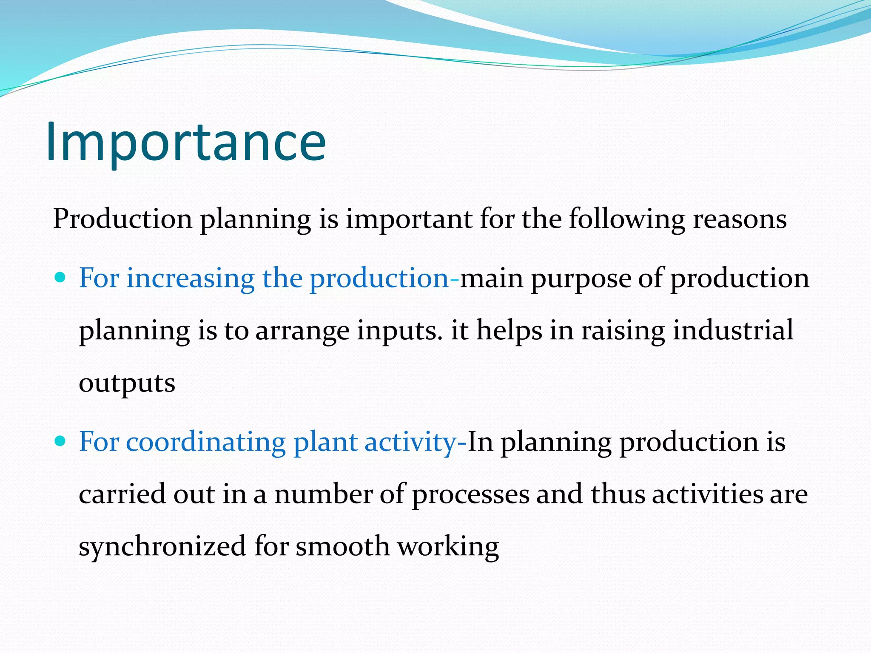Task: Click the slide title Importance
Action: point(186,142)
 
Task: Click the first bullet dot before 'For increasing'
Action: point(60,278)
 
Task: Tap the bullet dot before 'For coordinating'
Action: point(60,441)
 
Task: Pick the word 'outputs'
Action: point(127,383)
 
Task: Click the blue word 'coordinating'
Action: point(205,442)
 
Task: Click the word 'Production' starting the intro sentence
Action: point(122,220)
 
